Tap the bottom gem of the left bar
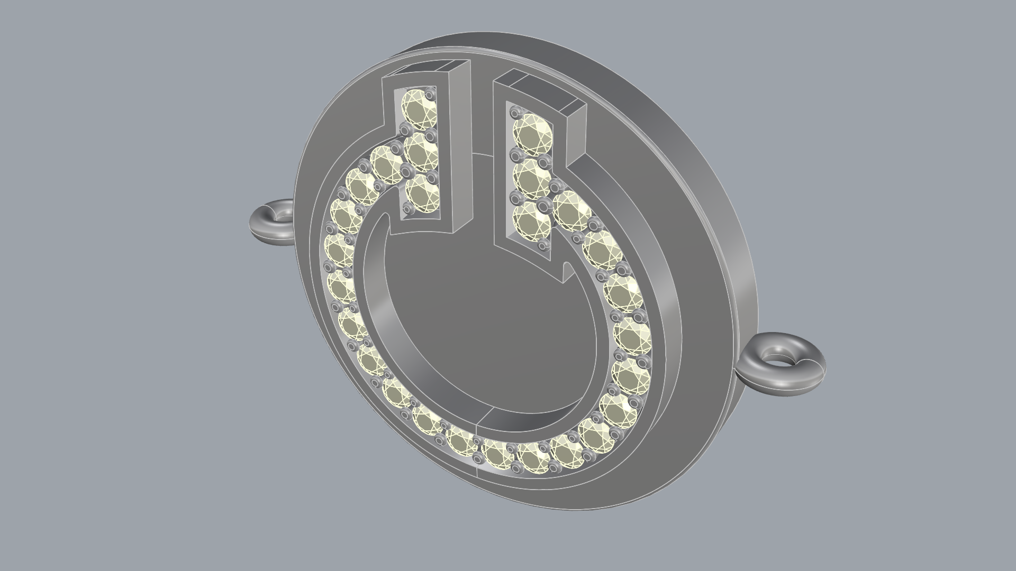click(x=423, y=194)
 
